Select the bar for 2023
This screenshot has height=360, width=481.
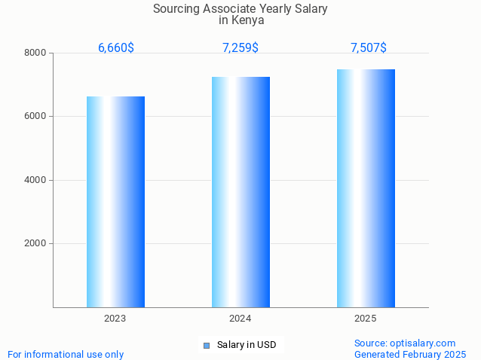[115, 202]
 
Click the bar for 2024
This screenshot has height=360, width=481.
[240, 192]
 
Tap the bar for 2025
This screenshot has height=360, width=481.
[366, 188]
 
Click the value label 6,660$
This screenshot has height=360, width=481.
[116, 48]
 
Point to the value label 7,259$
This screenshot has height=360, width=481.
[240, 48]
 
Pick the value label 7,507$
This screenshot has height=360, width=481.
[369, 48]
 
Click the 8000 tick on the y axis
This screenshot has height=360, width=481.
[35, 53]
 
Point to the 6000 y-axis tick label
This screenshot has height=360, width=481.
[35, 117]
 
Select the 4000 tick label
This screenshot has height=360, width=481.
[35, 180]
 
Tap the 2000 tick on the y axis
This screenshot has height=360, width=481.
[35, 244]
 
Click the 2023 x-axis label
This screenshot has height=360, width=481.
[115, 319]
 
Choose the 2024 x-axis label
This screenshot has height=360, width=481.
[240, 319]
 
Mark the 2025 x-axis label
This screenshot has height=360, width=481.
[366, 319]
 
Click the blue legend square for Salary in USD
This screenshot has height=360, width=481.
[207, 346]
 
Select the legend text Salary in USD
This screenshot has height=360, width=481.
[247, 345]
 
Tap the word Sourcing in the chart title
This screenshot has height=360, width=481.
[176, 9]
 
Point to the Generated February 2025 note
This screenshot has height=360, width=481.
[410, 354]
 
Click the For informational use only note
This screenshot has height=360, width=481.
[66, 354]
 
